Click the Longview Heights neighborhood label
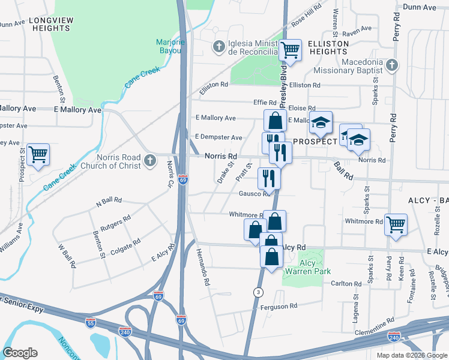(x=53, y=24)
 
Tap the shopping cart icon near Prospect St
(x=38, y=155)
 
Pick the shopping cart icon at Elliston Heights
(x=291, y=50)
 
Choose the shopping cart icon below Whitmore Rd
(x=396, y=225)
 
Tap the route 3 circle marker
(x=258, y=292)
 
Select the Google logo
(x=20, y=353)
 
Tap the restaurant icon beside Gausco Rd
(x=268, y=178)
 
